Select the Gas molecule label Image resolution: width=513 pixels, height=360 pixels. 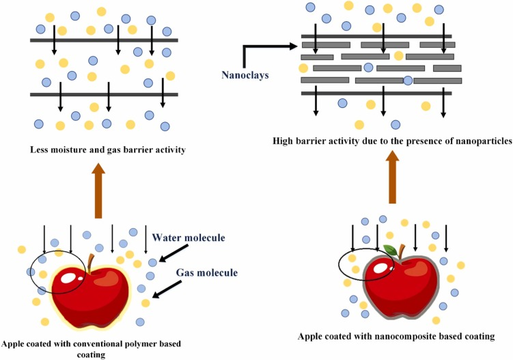click(x=207, y=273)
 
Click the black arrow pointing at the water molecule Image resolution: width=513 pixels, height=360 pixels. click(x=168, y=256)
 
